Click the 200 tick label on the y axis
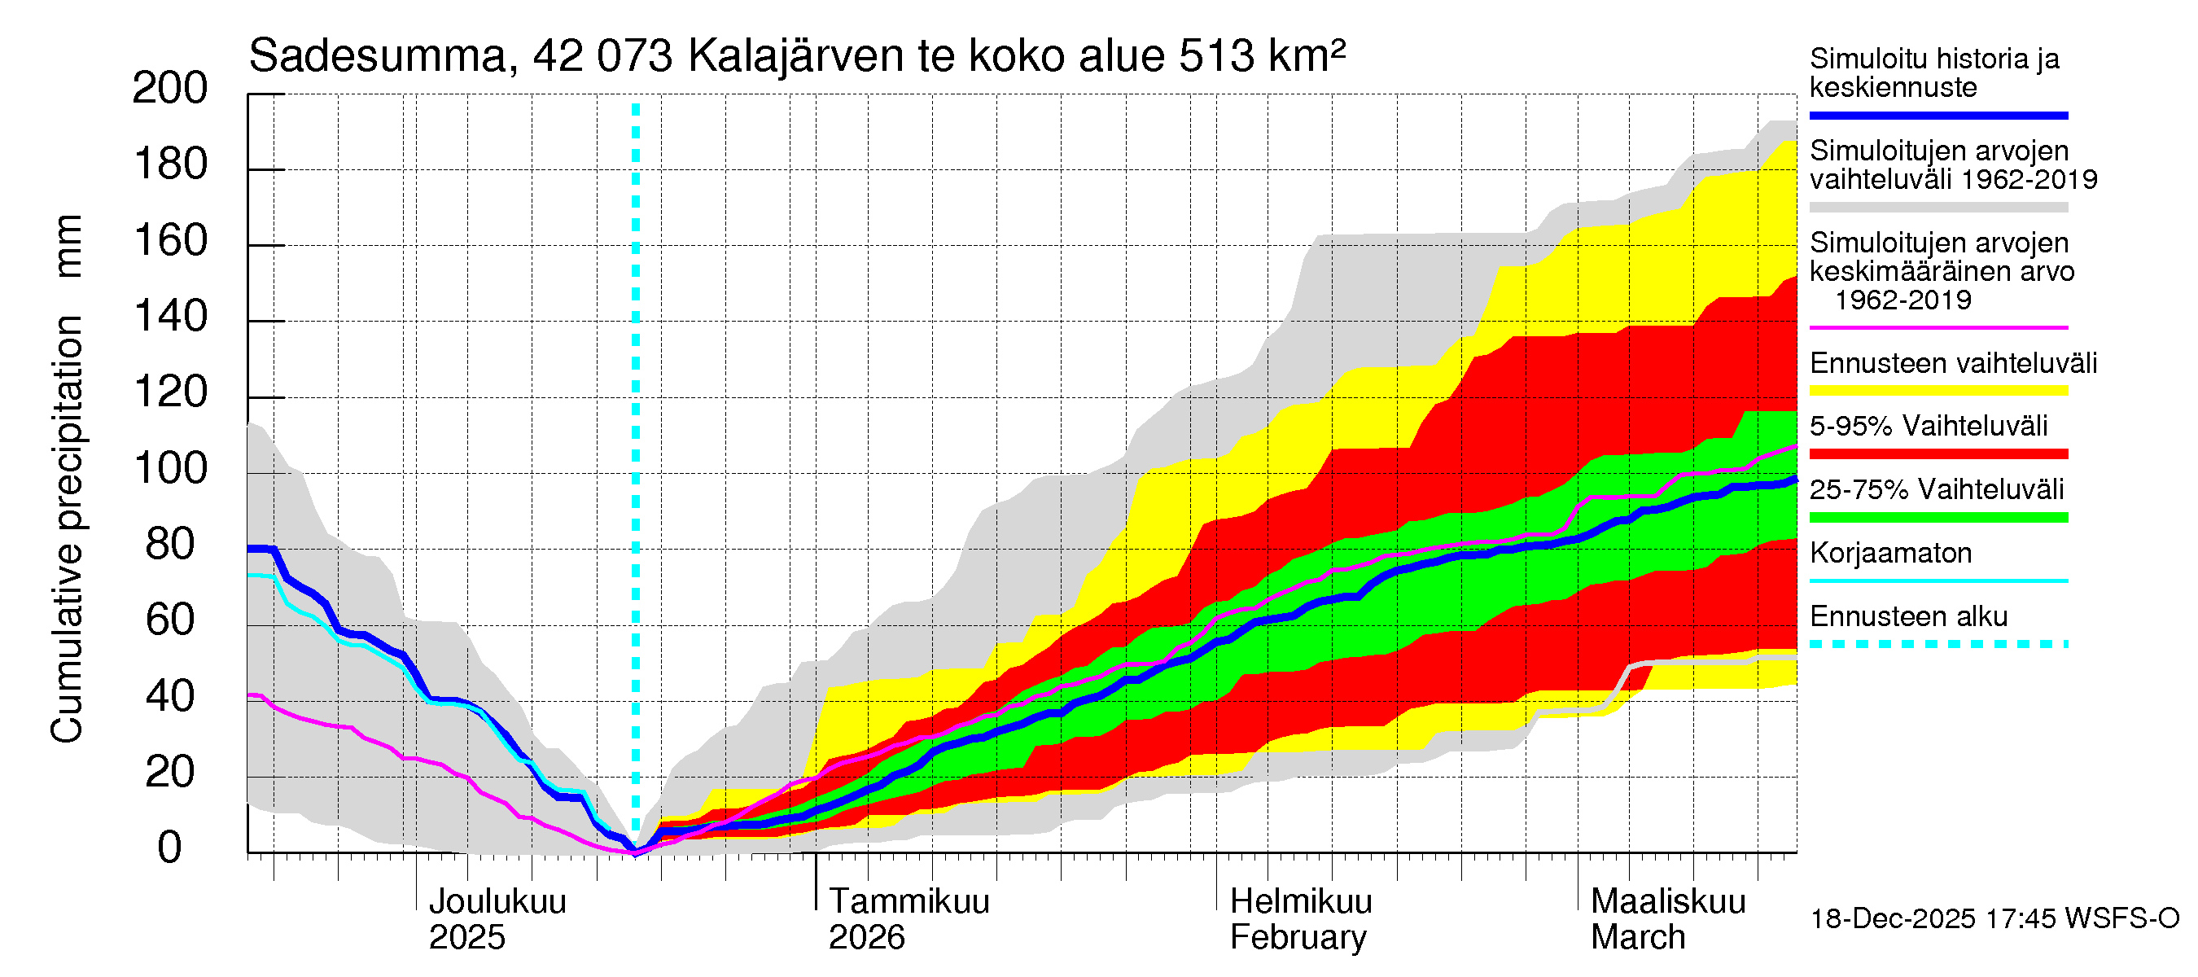click(x=170, y=89)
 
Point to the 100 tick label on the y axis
click(x=170, y=468)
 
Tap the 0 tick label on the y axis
click(x=170, y=848)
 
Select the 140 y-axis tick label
click(x=170, y=317)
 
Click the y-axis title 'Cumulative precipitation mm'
click(x=67, y=478)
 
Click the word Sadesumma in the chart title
click(x=377, y=56)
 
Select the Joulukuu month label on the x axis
click(x=497, y=902)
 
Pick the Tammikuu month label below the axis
click(x=909, y=902)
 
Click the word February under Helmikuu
click(x=1297, y=938)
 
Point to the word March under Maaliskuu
click(x=1637, y=938)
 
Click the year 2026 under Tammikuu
click(x=866, y=938)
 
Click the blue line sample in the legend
click(x=1937, y=115)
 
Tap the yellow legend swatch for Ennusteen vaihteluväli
click(x=1937, y=391)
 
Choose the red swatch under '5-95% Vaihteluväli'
click(x=1937, y=454)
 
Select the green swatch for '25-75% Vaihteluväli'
click(x=1937, y=517)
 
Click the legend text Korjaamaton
click(x=1890, y=554)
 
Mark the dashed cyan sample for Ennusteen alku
click(x=1937, y=644)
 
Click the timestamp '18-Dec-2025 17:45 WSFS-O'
click(x=1994, y=919)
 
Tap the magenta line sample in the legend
click(x=1937, y=327)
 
